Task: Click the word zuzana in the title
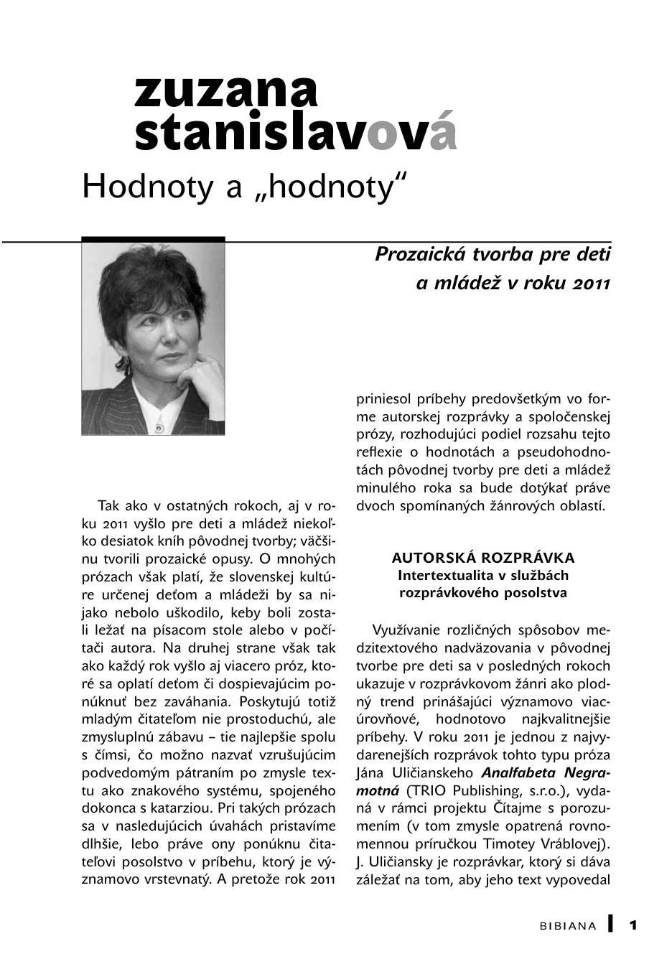point(225,93)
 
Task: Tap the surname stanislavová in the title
point(294,134)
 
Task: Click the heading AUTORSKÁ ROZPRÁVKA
point(483,558)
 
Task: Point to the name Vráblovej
point(571,843)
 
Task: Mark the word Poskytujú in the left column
point(270,701)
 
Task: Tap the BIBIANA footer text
point(568,926)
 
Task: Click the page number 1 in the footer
point(634,925)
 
